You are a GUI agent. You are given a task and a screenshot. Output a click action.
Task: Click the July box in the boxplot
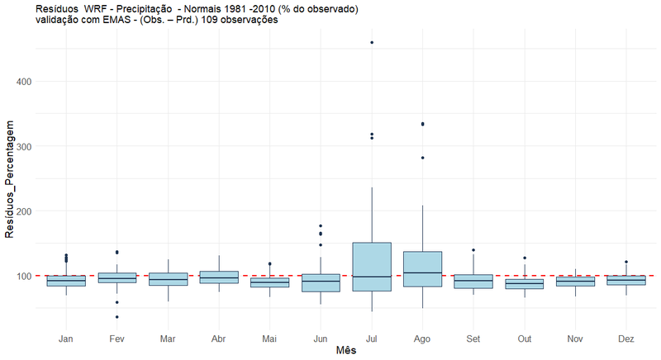372,267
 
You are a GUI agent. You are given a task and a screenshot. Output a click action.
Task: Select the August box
422,269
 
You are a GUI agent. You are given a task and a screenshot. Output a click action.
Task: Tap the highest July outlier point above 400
372,42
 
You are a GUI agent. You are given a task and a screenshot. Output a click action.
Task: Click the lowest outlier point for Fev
117,317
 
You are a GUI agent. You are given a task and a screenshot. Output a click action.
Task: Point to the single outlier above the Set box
473,249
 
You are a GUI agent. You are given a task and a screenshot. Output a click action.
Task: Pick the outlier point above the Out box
524,258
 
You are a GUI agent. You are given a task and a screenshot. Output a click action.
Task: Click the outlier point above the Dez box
625,262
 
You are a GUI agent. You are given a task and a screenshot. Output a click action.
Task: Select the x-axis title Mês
345,351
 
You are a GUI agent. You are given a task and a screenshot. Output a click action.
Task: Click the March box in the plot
168,279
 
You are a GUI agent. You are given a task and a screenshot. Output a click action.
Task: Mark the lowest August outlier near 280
422,157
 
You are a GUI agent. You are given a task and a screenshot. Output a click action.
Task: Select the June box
321,282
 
